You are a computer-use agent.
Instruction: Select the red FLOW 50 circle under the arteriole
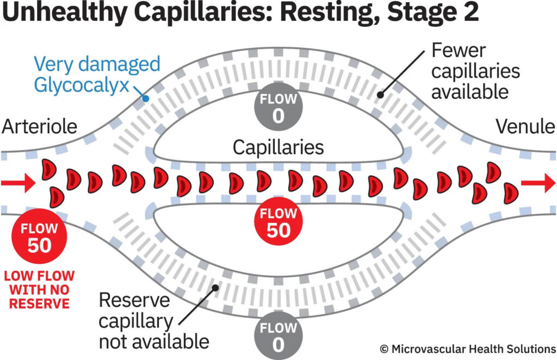(x=39, y=238)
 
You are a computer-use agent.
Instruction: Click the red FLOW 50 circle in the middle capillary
(x=278, y=222)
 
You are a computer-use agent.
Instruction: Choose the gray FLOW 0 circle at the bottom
(x=278, y=337)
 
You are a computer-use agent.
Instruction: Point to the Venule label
(x=525, y=127)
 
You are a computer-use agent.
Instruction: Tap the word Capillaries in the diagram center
(x=278, y=147)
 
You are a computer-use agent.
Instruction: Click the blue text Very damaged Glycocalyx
(x=97, y=75)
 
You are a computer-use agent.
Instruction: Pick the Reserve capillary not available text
(x=153, y=321)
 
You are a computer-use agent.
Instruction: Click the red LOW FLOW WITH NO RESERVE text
(x=39, y=289)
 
